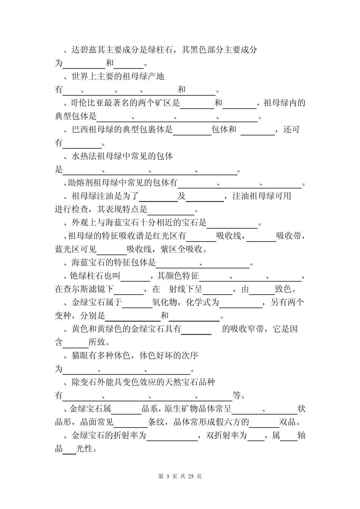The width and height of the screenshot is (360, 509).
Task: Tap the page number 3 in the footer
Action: (x=167, y=476)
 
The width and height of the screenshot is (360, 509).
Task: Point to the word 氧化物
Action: (x=164, y=303)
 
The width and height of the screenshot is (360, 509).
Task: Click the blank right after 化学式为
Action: (x=241, y=303)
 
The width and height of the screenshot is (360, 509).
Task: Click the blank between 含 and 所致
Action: (x=75, y=342)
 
